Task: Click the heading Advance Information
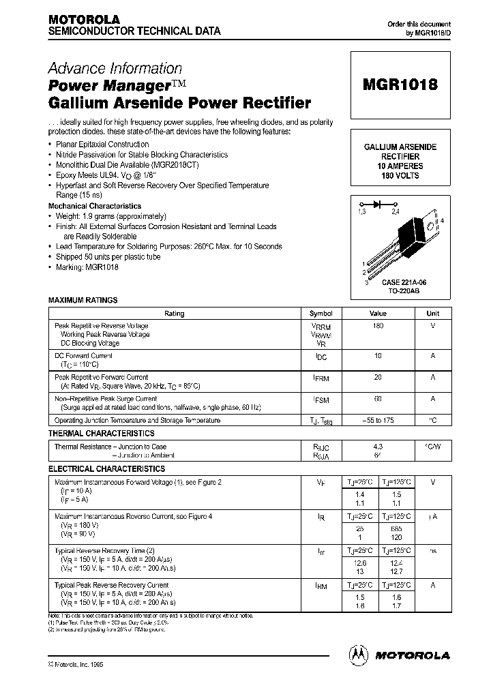point(115,68)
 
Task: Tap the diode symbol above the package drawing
point(376,203)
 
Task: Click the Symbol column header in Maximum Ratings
point(321,314)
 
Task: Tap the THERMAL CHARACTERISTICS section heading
point(101,434)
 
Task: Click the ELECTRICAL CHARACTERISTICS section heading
point(106,469)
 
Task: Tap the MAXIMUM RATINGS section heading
point(83,300)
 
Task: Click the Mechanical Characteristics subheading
point(95,206)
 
